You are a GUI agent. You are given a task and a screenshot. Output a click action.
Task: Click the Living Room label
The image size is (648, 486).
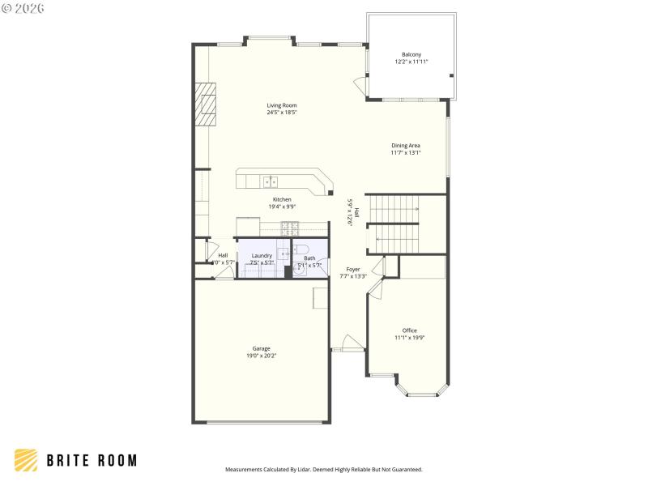click(x=282, y=105)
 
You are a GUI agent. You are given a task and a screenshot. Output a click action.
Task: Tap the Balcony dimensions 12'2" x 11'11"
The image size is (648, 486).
click(x=411, y=62)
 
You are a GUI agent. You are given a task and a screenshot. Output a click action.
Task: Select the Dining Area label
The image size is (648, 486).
click(x=405, y=146)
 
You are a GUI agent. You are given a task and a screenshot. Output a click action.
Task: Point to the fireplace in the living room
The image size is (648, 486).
click(x=206, y=104)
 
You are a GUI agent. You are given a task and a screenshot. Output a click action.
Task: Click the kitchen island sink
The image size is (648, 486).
click(x=270, y=181)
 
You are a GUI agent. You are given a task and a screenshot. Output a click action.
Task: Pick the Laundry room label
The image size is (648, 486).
click(x=262, y=256)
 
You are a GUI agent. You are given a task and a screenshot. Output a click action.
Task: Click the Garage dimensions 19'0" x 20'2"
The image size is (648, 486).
click(x=261, y=356)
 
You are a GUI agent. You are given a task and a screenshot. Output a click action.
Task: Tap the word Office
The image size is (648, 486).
click(x=409, y=330)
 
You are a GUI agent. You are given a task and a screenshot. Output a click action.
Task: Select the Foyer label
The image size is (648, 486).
click(x=353, y=269)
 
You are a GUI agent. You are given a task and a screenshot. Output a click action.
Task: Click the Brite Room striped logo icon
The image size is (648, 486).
click(x=26, y=460)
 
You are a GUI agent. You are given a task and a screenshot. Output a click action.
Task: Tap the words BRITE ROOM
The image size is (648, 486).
click(x=91, y=460)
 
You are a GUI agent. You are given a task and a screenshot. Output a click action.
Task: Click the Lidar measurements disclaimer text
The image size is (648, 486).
click(x=323, y=469)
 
